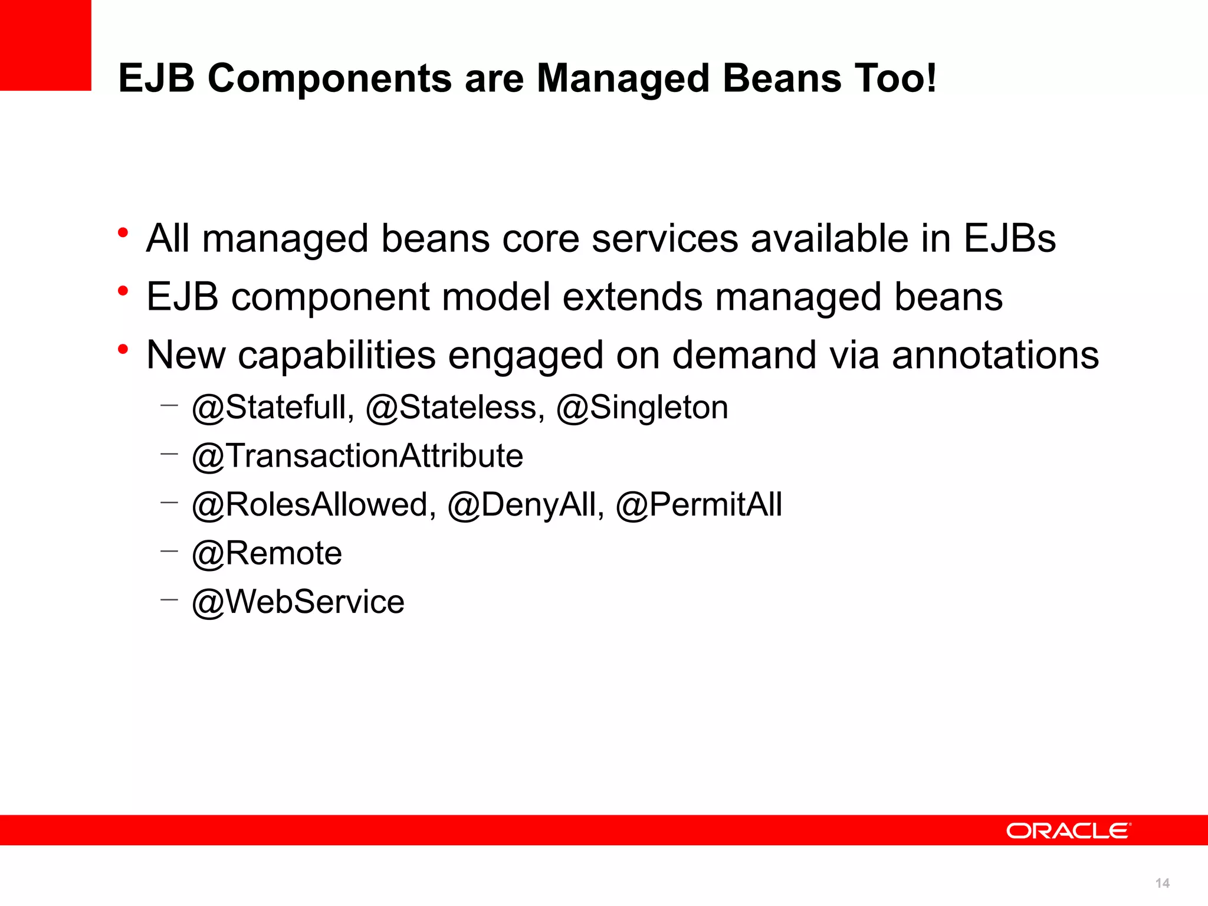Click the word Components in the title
[329, 78]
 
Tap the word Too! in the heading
[895, 78]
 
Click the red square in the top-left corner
[45, 45]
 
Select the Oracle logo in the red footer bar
[1068, 831]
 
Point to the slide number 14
[1162, 883]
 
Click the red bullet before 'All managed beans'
[123, 232]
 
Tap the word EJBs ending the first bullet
[1009, 239]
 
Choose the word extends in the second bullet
[632, 297]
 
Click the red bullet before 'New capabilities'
[123, 349]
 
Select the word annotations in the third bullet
[995, 355]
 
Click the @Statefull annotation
[273, 408]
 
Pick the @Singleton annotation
[642, 408]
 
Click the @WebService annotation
[298, 602]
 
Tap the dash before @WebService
[169, 600]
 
